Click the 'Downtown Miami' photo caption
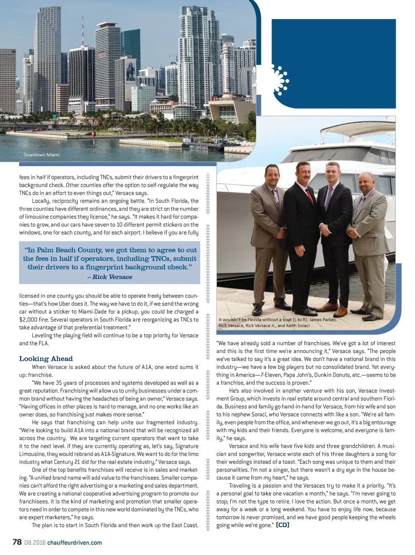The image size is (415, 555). click(x=41, y=155)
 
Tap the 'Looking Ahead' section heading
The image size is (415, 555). click(x=46, y=359)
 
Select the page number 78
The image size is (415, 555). click(x=17, y=542)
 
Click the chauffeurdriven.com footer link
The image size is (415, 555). click(x=75, y=542)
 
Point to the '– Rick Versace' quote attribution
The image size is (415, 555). click(x=110, y=277)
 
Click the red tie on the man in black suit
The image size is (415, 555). click(x=310, y=196)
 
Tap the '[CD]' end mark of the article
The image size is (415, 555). click(x=282, y=525)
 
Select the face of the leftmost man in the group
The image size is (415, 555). click(x=272, y=175)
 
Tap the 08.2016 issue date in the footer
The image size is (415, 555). click(x=35, y=542)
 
